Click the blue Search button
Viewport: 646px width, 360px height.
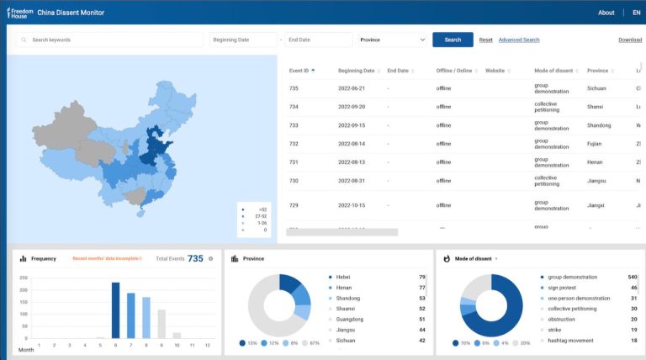point(453,40)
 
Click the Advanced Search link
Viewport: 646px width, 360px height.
point(518,40)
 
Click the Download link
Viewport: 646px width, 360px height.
point(630,40)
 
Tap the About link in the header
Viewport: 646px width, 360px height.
point(606,13)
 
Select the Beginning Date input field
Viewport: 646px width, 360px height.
point(243,40)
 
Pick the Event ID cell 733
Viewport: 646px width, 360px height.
point(294,125)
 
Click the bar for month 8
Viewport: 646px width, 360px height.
point(146,318)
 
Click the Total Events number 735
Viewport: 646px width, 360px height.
point(195,258)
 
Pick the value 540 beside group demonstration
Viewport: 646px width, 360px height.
point(632,277)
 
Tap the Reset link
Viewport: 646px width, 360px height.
point(485,40)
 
